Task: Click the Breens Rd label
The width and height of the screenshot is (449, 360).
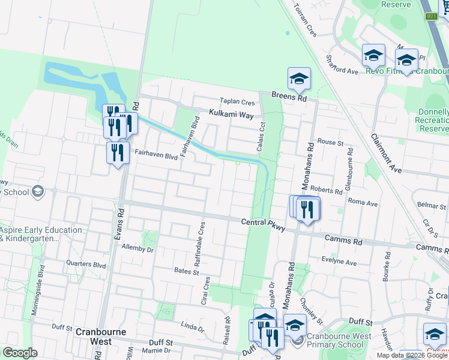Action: pos(289,97)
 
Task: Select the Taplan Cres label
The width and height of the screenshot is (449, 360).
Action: pos(237,101)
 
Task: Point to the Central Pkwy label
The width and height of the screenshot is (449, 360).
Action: pos(262,223)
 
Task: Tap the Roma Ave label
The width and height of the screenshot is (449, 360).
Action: pos(363,203)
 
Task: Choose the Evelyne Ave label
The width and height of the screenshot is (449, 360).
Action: pos(339,263)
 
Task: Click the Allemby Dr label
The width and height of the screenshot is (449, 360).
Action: pos(138,247)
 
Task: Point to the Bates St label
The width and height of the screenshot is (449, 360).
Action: pos(187,272)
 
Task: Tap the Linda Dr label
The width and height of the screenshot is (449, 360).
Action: pos(193,327)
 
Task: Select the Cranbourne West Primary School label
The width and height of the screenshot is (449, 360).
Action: pos(335,340)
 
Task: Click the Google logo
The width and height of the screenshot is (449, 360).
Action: pos(19,353)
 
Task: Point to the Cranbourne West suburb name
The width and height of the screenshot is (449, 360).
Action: pos(93,337)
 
